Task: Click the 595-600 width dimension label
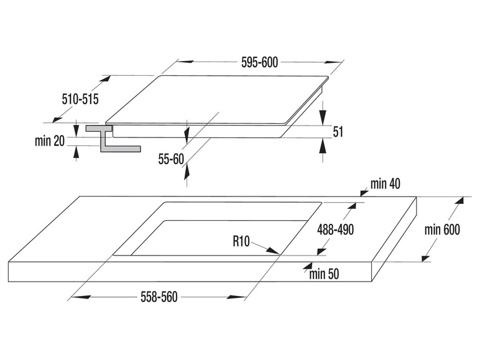point(260,62)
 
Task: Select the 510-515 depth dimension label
point(80,99)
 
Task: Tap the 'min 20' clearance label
point(50,141)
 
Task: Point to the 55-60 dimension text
point(171,159)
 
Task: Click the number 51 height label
point(338,132)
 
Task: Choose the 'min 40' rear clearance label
point(385,183)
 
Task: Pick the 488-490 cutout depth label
point(336,229)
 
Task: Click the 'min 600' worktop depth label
point(442,229)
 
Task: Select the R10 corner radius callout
point(241,241)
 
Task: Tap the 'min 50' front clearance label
point(324,274)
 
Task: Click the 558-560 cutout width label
point(159,297)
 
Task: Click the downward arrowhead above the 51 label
point(323,118)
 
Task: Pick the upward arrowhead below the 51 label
point(322,145)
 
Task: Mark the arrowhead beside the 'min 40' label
point(364,193)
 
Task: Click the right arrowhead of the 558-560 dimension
point(237,297)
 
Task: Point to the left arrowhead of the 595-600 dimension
point(185,62)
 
